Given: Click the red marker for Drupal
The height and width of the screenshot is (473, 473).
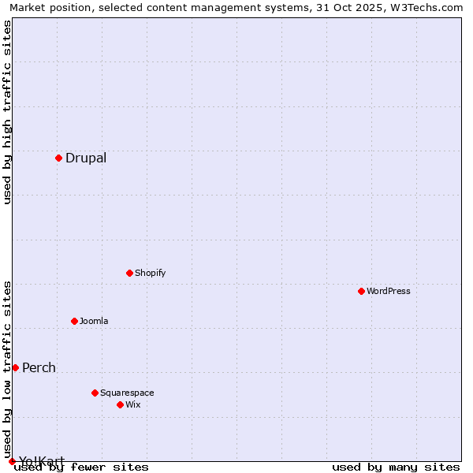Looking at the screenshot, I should [58, 158].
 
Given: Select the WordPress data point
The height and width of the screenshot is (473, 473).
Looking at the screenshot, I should [361, 291].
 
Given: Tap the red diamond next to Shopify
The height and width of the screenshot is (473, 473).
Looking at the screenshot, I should [129, 273].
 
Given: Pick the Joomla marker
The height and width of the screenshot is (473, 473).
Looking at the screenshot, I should [74, 321].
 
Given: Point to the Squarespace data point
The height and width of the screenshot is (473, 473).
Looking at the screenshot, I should [95, 393].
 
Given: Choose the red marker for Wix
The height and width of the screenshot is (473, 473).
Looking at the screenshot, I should [120, 404].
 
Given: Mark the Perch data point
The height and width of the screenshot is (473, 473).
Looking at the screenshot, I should [15, 367].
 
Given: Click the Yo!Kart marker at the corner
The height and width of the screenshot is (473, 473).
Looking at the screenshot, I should [12, 461].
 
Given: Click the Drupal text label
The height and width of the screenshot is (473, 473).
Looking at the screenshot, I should [86, 158].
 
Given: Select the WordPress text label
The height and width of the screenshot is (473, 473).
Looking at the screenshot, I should [389, 291].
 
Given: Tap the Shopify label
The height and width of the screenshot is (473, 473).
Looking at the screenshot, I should [150, 273].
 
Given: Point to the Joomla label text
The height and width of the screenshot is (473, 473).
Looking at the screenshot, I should [94, 321].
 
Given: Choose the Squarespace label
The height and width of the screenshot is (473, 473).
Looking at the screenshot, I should [127, 393].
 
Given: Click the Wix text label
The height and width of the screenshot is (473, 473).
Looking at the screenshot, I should [133, 404].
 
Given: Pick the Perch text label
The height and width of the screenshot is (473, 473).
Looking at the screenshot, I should [39, 367].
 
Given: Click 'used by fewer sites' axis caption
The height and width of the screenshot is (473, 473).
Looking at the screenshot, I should [81, 467].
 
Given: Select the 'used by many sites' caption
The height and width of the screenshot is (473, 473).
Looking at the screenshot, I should [396, 467].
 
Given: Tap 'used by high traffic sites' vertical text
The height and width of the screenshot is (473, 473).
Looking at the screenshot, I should [7, 112].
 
